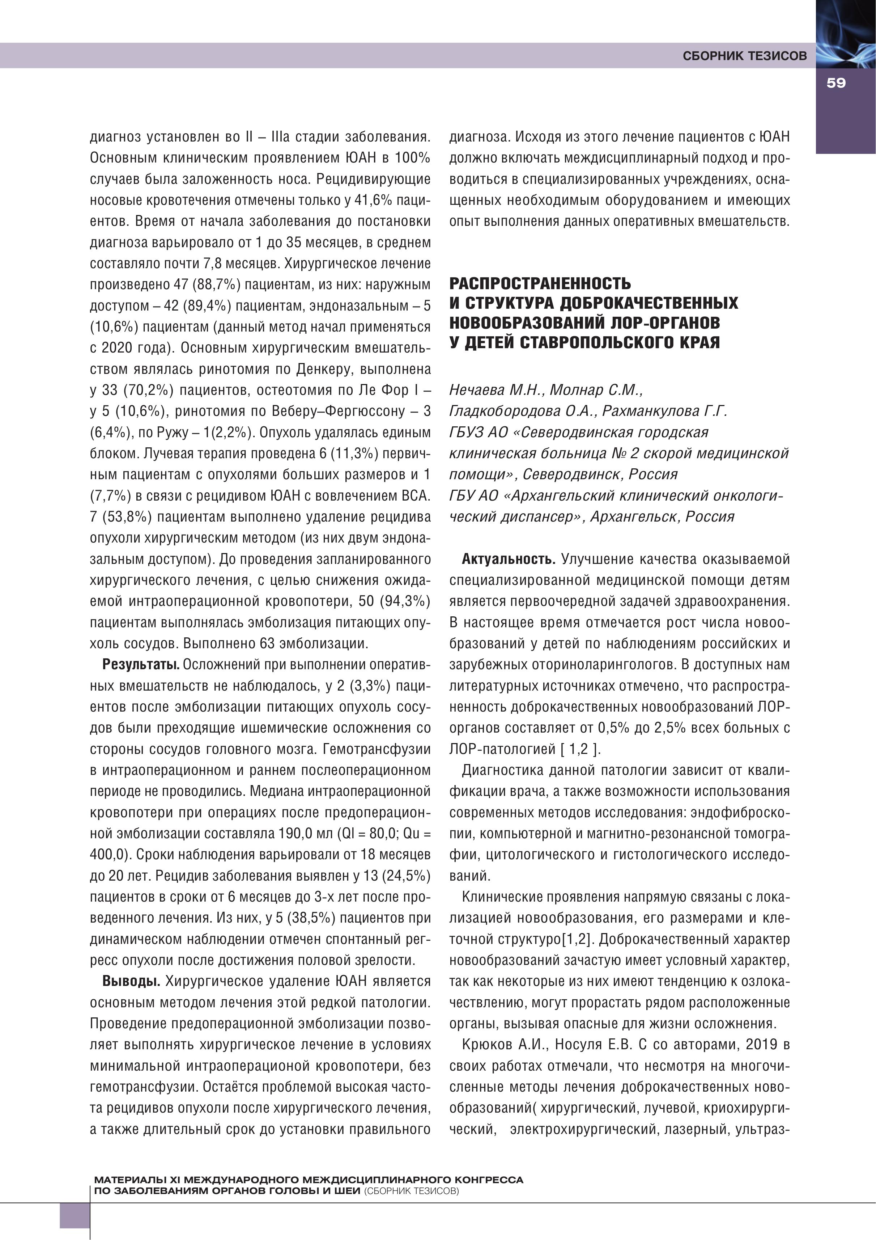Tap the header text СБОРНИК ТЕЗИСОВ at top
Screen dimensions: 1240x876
click(744, 56)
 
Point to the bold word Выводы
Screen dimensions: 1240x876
click(131, 981)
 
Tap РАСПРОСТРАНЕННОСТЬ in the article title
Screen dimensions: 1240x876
click(540, 283)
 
